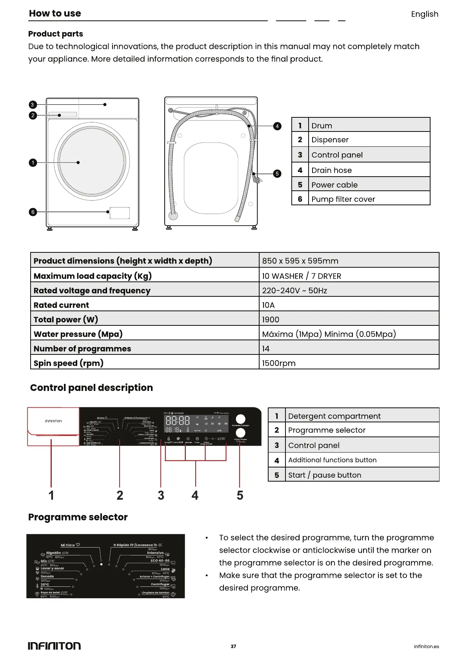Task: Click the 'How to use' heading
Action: pos(55,13)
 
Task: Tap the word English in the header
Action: pos(424,14)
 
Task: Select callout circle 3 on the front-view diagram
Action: pos(33,105)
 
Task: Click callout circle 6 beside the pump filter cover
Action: pos(33,212)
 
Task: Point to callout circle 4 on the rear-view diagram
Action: pos(277,126)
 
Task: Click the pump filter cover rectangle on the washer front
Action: pos(120,213)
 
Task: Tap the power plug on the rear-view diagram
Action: pos(258,179)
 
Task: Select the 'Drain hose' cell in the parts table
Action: pos(331,170)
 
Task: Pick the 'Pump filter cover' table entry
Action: pos(343,199)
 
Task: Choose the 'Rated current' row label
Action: pos(61,305)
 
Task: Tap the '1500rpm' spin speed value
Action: pos(278,363)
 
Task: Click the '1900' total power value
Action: pos(271,320)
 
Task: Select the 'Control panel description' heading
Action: pos(91,388)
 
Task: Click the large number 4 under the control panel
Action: pos(195,495)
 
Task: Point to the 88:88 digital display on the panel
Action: pos(178,421)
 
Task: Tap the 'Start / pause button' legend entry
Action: pos(324,475)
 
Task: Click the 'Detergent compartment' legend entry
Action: pos(334,416)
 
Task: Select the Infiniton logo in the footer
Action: pos(54,646)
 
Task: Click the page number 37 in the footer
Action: pos(233,646)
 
